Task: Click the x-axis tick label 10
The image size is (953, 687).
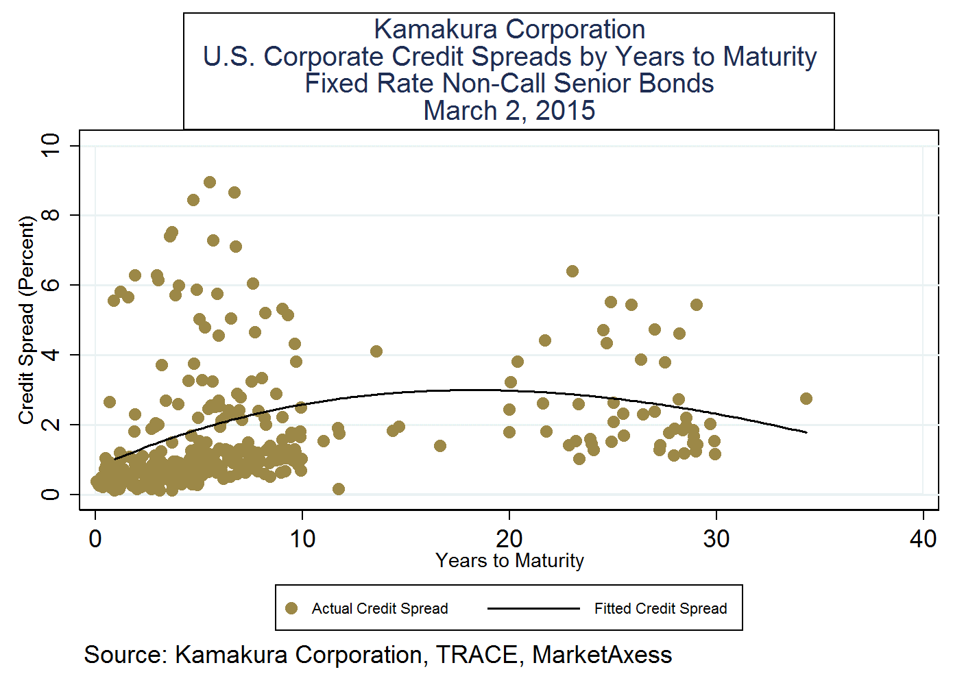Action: (x=302, y=539)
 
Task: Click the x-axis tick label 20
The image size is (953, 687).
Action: (x=509, y=539)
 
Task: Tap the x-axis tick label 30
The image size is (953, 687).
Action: (x=716, y=539)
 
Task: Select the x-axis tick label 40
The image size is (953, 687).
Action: (x=923, y=539)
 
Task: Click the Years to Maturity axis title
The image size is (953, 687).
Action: (x=509, y=561)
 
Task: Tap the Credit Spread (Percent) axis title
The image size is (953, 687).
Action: (x=26, y=320)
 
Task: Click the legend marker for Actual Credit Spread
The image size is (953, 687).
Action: (x=291, y=608)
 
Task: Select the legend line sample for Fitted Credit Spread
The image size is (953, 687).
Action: (x=533, y=608)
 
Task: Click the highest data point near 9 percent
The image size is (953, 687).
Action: (x=210, y=182)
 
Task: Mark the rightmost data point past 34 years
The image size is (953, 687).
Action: (x=806, y=399)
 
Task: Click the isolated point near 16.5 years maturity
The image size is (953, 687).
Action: (x=440, y=446)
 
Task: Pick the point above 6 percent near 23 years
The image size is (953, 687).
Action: (x=572, y=271)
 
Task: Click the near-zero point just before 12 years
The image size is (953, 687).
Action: (x=338, y=489)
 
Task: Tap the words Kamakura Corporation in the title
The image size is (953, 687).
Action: (x=509, y=29)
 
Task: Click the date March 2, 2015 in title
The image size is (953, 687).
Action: (x=509, y=111)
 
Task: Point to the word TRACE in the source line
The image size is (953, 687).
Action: (x=477, y=655)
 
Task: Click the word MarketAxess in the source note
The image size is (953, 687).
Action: (x=602, y=655)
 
